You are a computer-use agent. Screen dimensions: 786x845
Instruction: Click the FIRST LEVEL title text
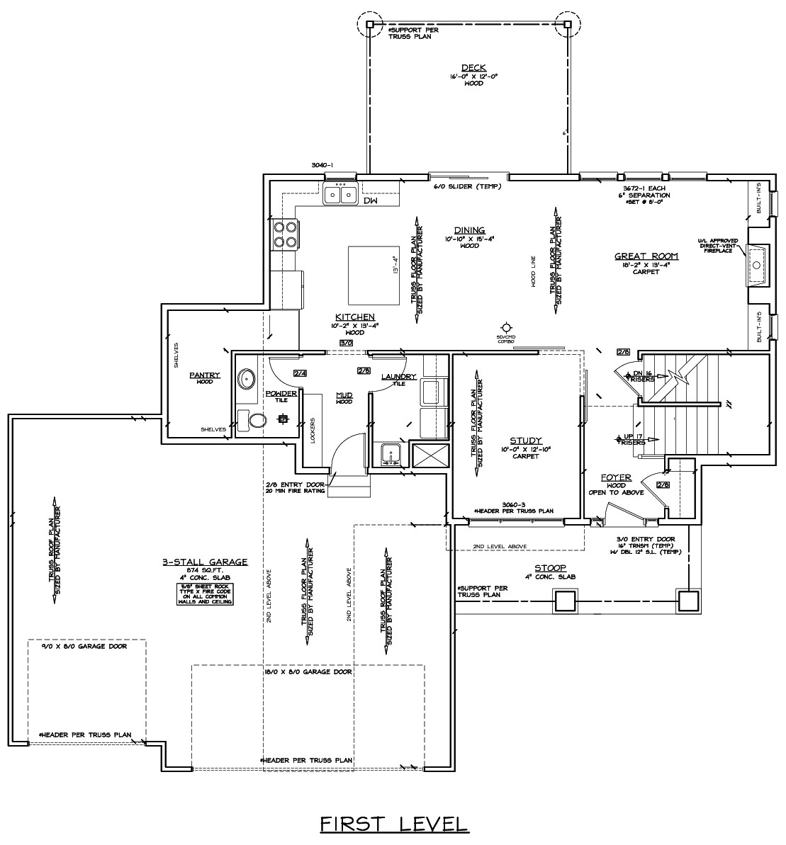coord(393,824)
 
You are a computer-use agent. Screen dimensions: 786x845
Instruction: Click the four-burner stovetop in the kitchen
coord(285,234)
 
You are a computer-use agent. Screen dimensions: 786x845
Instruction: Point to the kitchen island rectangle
coord(373,273)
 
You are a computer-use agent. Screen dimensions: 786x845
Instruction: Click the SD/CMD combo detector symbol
coord(505,327)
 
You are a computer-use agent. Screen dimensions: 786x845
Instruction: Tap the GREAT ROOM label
coord(646,256)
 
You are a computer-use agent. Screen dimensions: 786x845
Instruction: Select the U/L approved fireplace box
coord(756,264)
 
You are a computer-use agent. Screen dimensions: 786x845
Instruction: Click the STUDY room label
coord(525,440)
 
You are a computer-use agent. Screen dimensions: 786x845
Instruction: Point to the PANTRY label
coord(204,375)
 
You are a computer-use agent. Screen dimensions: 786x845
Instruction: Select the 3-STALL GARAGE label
coord(204,562)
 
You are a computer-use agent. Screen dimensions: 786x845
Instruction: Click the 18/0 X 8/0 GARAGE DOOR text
coord(307,671)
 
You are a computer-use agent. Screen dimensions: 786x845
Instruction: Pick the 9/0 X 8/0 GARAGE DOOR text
coord(86,647)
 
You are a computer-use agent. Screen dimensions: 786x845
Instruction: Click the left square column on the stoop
coord(564,601)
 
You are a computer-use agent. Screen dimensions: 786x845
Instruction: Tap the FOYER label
coord(616,477)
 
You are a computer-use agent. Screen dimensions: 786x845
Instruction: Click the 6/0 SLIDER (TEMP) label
coord(467,187)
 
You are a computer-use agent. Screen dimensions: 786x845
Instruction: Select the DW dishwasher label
coord(370,201)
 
